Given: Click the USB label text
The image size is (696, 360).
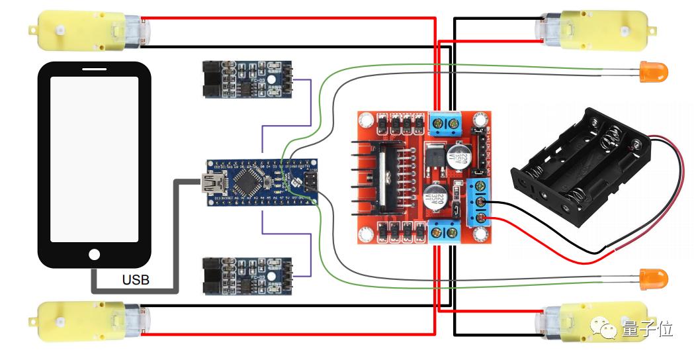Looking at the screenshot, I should [136, 280].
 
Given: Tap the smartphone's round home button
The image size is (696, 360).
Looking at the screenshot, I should [95, 254].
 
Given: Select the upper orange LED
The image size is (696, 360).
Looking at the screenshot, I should [654, 69].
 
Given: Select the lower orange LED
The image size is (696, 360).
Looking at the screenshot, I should [654, 277].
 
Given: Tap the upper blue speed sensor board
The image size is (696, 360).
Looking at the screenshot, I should [246, 79].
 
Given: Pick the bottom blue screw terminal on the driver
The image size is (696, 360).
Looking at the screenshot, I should [444, 232].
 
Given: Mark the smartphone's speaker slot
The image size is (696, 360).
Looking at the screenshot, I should [95, 69].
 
